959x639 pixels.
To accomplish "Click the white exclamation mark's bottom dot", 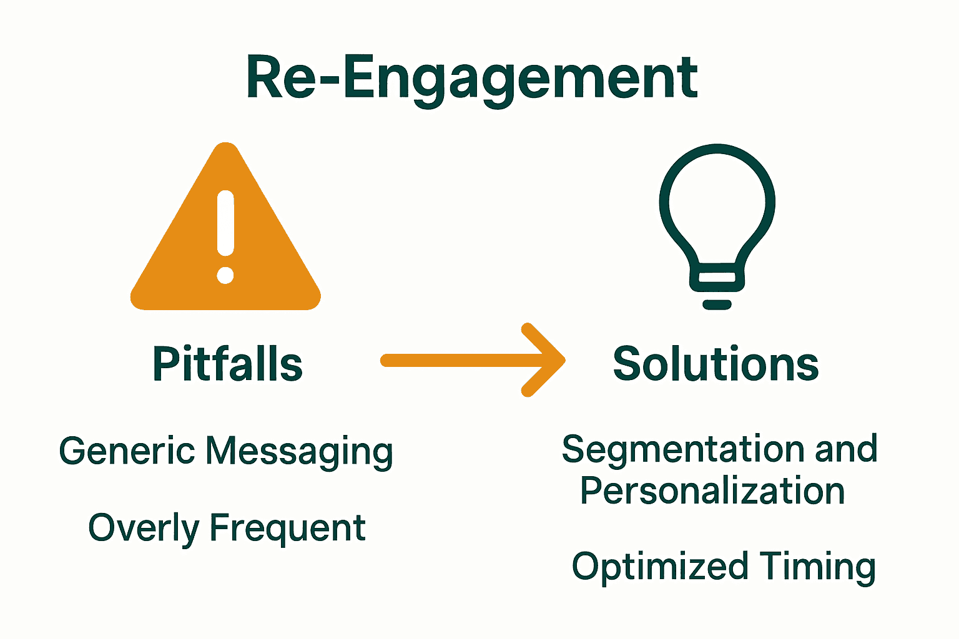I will [x=225, y=275].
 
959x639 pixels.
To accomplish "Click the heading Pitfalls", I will [x=228, y=364].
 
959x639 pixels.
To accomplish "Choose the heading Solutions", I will [x=716, y=364].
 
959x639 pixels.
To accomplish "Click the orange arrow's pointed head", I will [x=549, y=360].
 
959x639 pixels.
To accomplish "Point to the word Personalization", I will [x=712, y=491].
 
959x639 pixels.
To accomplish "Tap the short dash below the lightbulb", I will [x=717, y=305].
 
